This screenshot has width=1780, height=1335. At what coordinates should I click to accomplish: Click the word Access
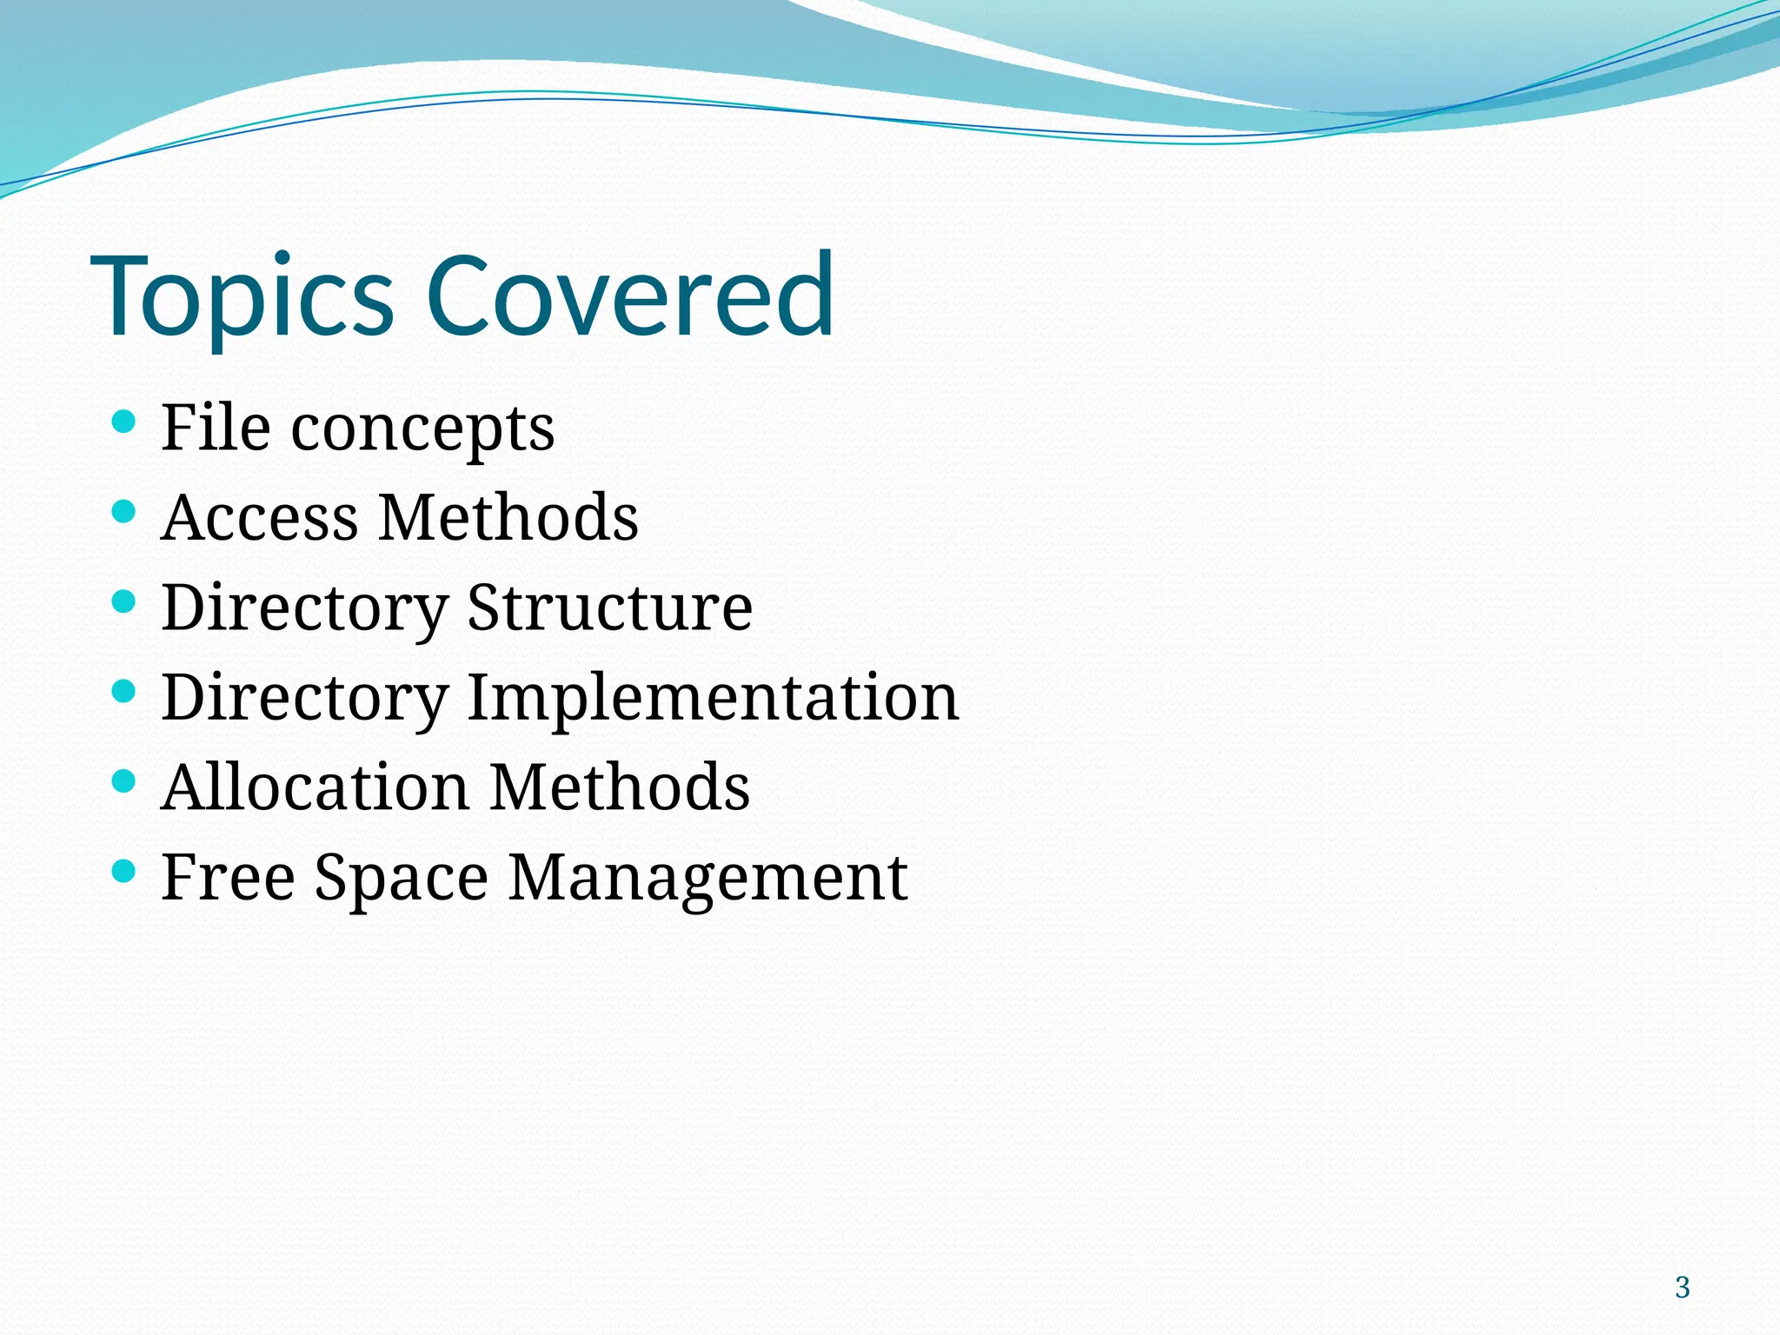tap(258, 517)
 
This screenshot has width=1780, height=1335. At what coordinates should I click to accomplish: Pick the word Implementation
tap(713, 698)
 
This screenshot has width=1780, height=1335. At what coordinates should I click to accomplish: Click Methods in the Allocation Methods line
tap(620, 787)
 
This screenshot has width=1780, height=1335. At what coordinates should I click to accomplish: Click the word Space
tap(402, 878)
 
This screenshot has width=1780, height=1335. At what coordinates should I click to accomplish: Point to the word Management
tap(707, 878)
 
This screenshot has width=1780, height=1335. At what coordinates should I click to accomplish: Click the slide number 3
tap(1682, 1287)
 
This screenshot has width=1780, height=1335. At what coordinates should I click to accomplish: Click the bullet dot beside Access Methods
tap(124, 511)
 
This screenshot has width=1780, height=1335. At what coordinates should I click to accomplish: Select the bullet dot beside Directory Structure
tap(124, 601)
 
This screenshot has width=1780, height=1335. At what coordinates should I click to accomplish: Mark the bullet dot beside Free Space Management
tap(124, 870)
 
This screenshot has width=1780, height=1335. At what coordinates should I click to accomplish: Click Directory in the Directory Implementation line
tap(305, 698)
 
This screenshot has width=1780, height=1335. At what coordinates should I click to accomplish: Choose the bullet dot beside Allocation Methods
tap(124, 781)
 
